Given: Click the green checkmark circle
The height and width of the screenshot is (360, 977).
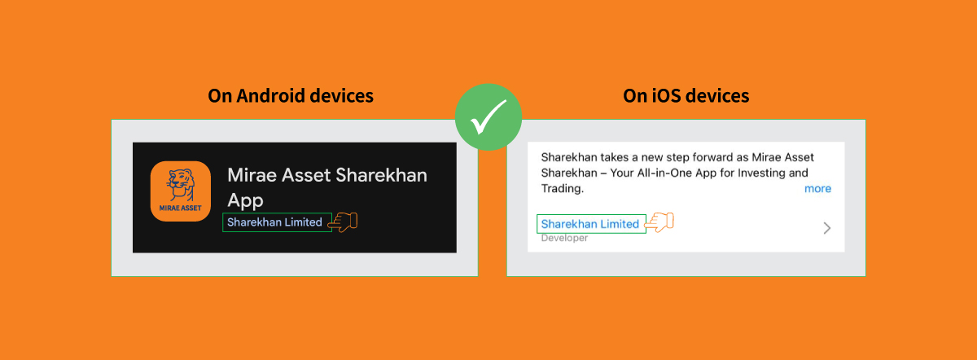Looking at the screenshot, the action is (488, 117).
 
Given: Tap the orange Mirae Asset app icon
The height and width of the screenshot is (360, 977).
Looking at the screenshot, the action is (181, 191).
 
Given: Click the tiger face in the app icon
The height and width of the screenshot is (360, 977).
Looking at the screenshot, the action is (181, 184).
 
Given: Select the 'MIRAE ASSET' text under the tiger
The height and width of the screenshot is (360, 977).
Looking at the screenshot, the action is (181, 209).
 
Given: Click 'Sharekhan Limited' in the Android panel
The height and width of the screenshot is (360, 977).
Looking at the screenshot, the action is (274, 222).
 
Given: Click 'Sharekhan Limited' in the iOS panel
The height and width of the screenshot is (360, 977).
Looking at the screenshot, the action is (589, 224).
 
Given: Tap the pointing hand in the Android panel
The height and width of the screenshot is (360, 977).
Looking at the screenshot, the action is (343, 222).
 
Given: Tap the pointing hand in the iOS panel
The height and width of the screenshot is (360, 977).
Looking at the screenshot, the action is (659, 222).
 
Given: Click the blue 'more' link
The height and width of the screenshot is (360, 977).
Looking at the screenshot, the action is (817, 188).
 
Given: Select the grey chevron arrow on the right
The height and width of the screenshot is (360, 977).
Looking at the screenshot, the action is (827, 228).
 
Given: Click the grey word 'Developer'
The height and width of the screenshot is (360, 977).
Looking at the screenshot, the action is (564, 238).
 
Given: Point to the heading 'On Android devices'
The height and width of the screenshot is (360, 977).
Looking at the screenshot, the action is (291, 95).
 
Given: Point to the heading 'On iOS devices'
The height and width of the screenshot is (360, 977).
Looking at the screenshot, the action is (686, 95).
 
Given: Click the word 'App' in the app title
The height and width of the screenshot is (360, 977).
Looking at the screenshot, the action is (245, 200).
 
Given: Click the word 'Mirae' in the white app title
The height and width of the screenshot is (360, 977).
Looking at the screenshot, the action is (252, 175).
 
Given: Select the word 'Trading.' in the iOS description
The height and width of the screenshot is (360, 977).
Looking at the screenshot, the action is (563, 188).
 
